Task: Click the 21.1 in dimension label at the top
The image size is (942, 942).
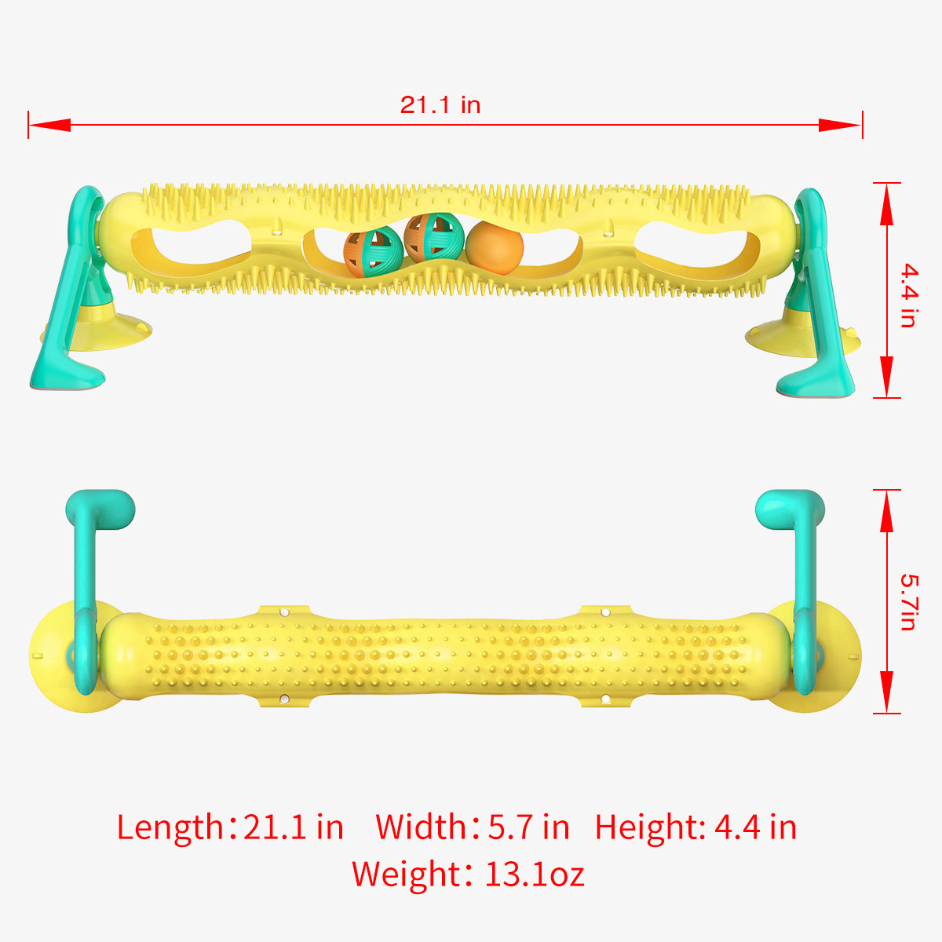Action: [x=440, y=105]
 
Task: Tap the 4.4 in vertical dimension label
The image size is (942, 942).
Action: [x=908, y=296]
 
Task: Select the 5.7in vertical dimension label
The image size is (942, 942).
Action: [x=908, y=602]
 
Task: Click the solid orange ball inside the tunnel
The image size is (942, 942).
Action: [x=495, y=247]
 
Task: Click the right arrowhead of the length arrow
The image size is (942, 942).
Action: [x=840, y=124]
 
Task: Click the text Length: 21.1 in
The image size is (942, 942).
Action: [x=230, y=827]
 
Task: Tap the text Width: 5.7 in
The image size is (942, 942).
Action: [x=472, y=827]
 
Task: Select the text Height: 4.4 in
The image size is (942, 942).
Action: [x=696, y=827]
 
